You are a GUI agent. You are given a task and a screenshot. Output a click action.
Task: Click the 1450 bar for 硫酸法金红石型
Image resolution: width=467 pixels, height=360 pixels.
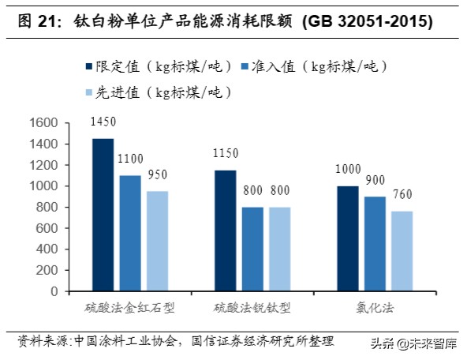point(103,215)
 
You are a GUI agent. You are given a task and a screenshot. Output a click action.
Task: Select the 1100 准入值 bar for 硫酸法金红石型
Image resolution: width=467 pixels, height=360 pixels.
point(129,233)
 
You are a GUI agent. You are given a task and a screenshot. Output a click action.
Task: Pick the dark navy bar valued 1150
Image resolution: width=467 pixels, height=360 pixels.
point(225,231)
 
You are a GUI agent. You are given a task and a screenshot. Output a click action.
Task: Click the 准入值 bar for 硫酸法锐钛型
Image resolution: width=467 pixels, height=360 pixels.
point(252,249)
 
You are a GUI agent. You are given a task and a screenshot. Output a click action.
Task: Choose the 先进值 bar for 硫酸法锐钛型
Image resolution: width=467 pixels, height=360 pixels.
point(279,249)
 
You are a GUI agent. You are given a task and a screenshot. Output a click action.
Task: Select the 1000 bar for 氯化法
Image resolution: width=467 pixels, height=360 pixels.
point(347,238)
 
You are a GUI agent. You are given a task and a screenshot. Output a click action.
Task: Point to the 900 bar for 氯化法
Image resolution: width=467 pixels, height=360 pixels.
point(375,244)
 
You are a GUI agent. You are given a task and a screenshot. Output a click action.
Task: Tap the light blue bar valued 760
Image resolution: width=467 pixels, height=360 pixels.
point(402,251)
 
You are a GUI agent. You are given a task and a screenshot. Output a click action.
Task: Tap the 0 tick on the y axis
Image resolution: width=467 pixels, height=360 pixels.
point(54,291)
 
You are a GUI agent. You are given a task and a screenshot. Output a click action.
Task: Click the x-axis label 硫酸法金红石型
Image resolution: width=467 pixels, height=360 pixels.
point(129,306)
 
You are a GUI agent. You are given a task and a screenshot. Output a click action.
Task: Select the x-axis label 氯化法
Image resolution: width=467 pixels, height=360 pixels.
point(375,306)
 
